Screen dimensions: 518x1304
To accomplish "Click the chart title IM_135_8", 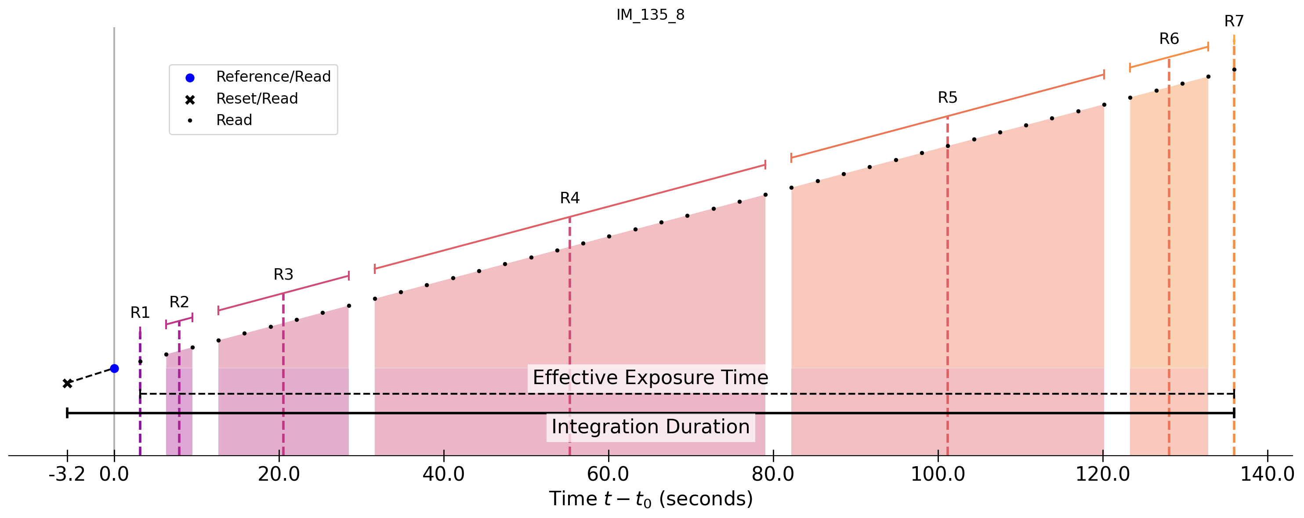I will coord(651,14).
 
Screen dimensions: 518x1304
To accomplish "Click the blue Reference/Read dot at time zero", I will coord(114,368).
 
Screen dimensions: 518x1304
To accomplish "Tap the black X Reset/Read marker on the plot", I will coord(67,383).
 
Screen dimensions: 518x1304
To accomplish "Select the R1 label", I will coord(140,313).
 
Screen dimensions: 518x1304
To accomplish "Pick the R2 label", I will coord(179,302).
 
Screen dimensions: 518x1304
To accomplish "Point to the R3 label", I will coord(283,275).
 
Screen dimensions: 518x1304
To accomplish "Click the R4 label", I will coord(569,198).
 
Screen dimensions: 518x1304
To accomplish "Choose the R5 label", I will coord(948,97).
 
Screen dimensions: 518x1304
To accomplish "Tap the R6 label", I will coord(1169,39).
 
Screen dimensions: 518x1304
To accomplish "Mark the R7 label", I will coord(1234,21).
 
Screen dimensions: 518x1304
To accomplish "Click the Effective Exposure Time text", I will coord(651,378).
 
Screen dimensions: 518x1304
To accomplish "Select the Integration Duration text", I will coord(651,426).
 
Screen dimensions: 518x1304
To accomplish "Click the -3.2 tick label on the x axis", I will coord(67,475).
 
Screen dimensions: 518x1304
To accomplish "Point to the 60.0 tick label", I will coord(608,475).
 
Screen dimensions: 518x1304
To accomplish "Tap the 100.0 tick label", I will coord(938,475).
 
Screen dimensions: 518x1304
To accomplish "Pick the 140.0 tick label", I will coord(1267,475).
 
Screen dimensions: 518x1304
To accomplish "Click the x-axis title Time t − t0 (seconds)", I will coord(651,499).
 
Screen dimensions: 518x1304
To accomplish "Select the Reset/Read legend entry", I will coord(257,99).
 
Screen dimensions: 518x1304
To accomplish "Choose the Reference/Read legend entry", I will coord(273,77).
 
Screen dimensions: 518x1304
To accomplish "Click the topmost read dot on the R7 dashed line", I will coord(1234,70).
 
